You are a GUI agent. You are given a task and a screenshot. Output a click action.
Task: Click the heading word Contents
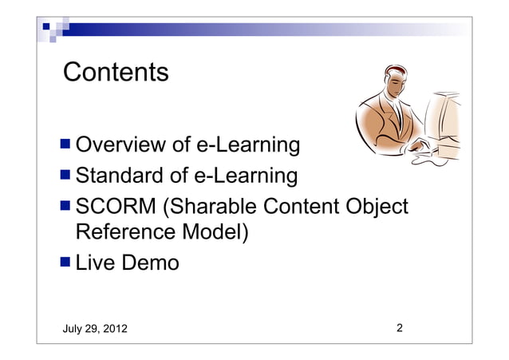(116, 73)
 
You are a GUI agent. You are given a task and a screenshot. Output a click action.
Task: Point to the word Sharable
(208, 205)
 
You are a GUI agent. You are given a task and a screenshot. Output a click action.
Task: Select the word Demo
(152, 262)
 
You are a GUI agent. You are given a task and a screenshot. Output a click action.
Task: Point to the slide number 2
(399, 328)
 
